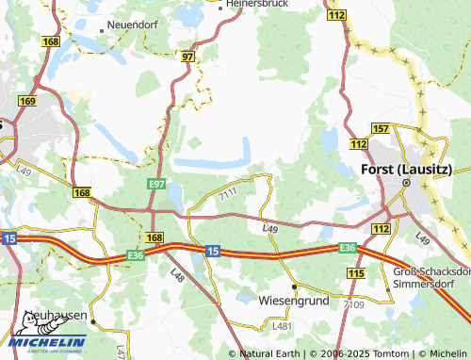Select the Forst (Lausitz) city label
[406, 169]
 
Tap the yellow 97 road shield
[188, 57]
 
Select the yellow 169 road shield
[26, 102]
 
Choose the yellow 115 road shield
[355, 272]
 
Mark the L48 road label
[177, 274]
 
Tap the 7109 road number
[352, 304]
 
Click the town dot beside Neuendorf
[106, 25]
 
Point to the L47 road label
[121, 351]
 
